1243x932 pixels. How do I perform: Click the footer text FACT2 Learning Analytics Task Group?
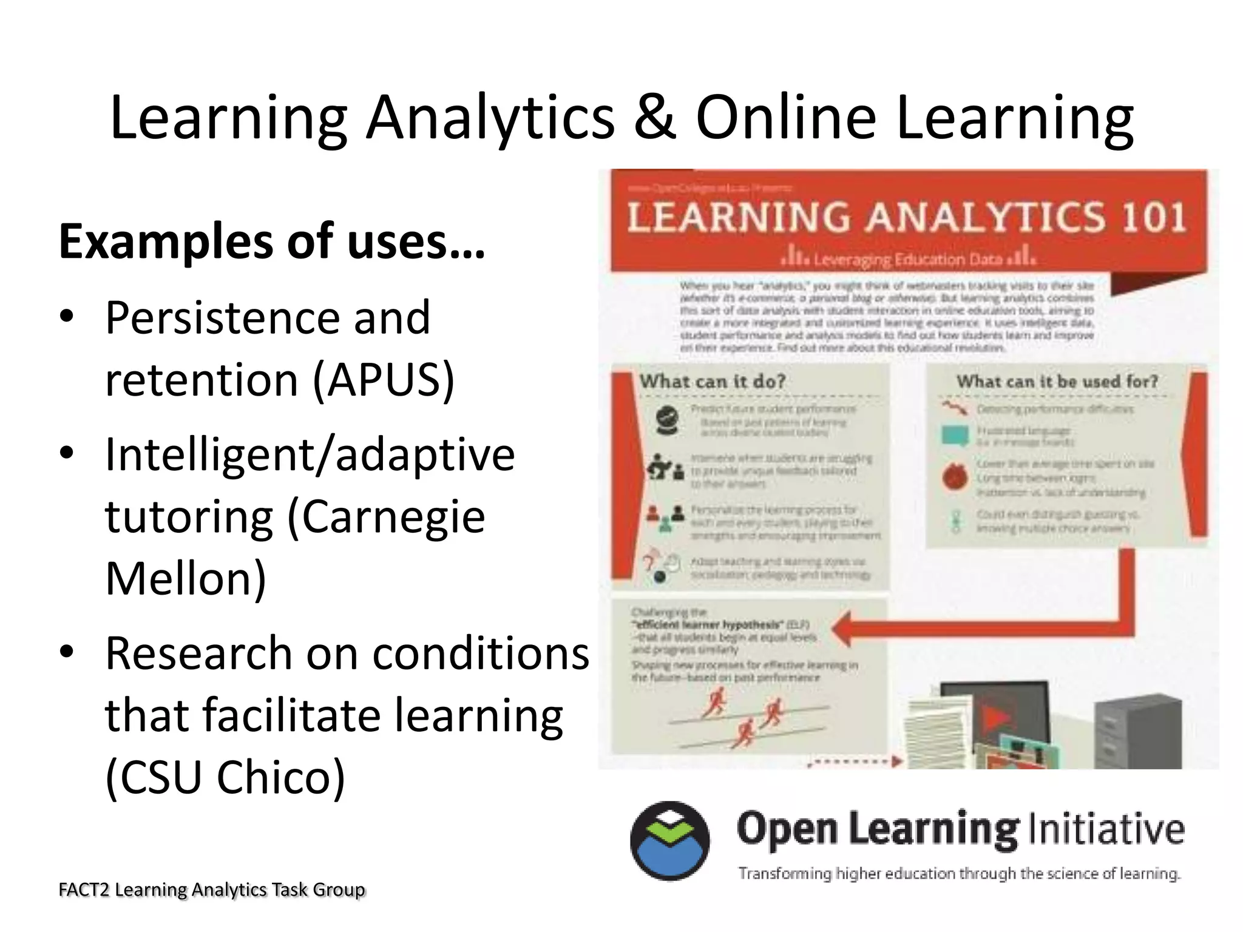tap(212, 890)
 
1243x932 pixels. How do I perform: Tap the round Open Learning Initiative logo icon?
tap(669, 841)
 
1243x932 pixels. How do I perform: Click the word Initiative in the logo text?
tap(1105, 829)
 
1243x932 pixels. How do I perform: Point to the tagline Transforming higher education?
tap(959, 874)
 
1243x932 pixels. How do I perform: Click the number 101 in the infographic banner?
tap(1152, 217)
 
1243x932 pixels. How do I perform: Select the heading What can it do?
tap(713, 382)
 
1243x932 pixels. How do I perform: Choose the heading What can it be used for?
tap(1057, 382)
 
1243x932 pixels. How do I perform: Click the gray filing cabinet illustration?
tap(1138, 731)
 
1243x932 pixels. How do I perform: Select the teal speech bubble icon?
tap(955, 436)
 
